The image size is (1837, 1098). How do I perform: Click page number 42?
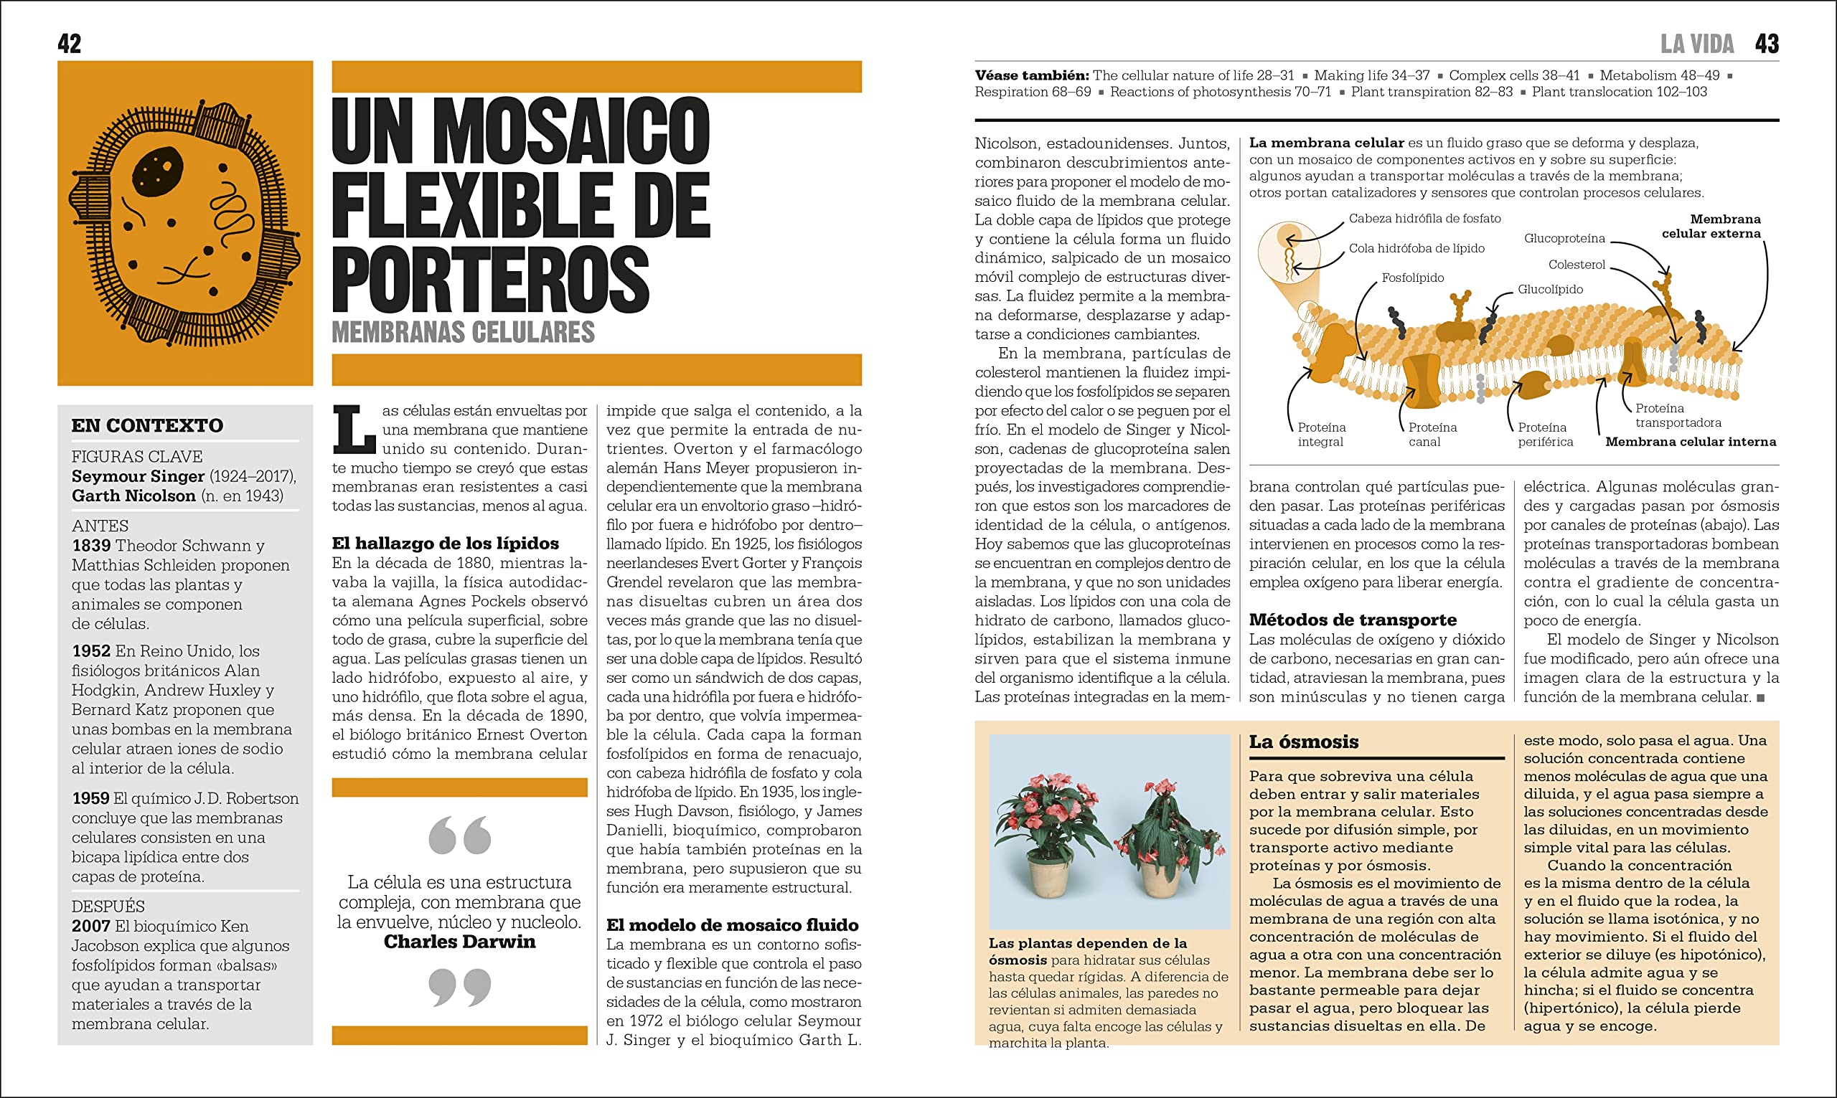click(x=69, y=44)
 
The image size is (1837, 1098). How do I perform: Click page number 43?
click(x=1766, y=44)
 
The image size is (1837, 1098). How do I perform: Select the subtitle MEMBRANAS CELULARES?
click(x=463, y=332)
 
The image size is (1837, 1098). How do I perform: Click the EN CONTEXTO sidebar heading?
click(x=146, y=425)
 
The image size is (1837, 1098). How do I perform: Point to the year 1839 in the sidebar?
click(x=90, y=546)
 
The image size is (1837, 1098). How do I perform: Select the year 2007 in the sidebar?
click(x=90, y=927)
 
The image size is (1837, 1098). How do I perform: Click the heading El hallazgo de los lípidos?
click(x=445, y=544)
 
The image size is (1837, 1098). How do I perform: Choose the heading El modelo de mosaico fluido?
click(x=732, y=925)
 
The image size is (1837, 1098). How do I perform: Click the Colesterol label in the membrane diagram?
click(x=1577, y=265)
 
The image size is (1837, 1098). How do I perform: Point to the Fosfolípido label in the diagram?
click(x=1412, y=278)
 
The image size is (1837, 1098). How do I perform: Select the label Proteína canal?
click(x=1432, y=435)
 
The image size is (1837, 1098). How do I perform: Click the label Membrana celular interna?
click(x=1690, y=442)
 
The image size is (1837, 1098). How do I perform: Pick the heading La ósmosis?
click(x=1303, y=742)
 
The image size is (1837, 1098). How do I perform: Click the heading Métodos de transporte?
click(x=1352, y=620)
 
